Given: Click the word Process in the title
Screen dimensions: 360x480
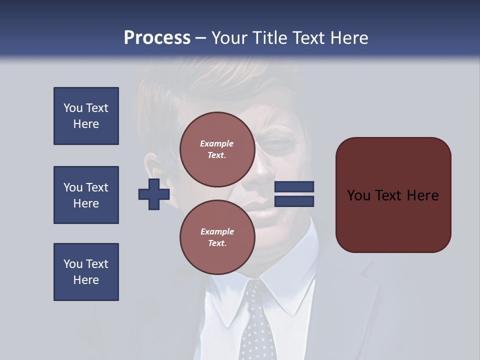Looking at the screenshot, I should coord(157,37).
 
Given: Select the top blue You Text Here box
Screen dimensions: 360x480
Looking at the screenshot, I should coord(86,116).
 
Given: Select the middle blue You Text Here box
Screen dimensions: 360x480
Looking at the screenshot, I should coord(86,195).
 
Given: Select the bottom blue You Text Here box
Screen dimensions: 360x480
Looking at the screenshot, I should coord(86,272).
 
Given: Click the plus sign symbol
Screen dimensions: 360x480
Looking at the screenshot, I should coord(154,194).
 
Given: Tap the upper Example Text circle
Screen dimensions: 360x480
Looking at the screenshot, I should coord(217,149).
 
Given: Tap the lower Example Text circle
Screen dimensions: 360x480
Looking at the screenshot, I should coord(217,237).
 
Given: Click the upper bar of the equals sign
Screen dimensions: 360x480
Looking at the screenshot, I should coord(294,187).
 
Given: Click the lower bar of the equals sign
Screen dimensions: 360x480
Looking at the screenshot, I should coord(294,201).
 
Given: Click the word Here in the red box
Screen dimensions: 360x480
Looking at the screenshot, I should coord(422,195).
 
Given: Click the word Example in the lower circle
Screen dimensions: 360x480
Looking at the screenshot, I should coord(217,231).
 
